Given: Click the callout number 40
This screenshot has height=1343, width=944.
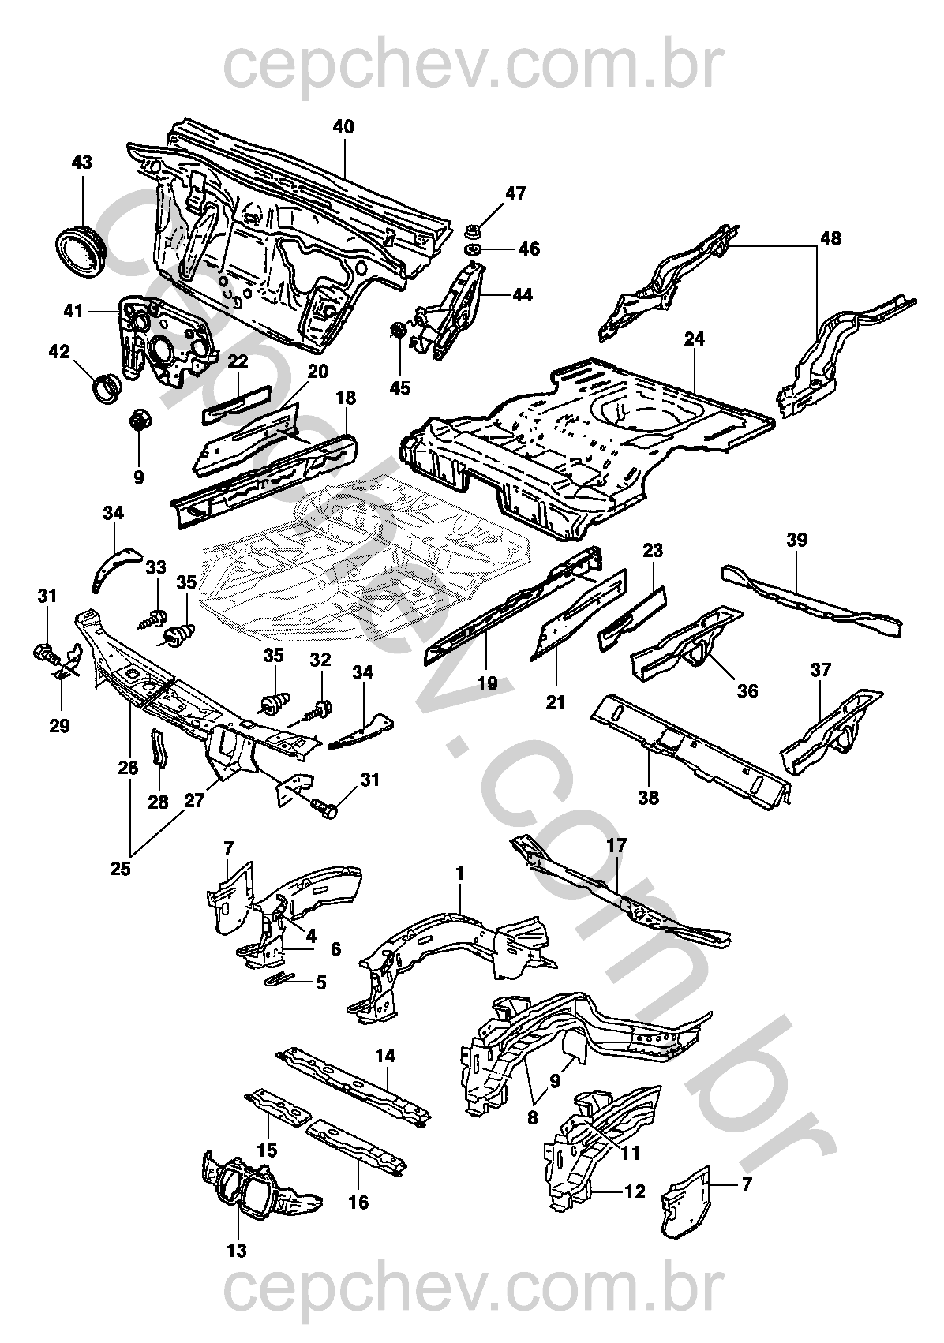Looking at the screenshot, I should coord(343,127).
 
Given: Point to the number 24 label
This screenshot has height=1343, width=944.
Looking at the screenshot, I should coord(695,339).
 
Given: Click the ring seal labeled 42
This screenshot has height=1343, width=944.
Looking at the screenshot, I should coord(106,386).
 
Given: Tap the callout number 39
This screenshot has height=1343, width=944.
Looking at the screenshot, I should coord(796,540).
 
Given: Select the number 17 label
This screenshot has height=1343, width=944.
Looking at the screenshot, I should coord(616,846).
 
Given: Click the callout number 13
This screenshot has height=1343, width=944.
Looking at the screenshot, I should coord(237,1250).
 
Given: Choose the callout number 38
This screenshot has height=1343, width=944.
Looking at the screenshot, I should coord(648,798).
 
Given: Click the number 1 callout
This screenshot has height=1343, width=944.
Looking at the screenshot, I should coord(459,873).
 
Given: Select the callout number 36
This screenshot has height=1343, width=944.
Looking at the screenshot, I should coord(747,690).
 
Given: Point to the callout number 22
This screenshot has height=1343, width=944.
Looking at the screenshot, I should coord(238,361).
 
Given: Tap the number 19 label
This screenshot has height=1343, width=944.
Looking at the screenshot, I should coord(488,683).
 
